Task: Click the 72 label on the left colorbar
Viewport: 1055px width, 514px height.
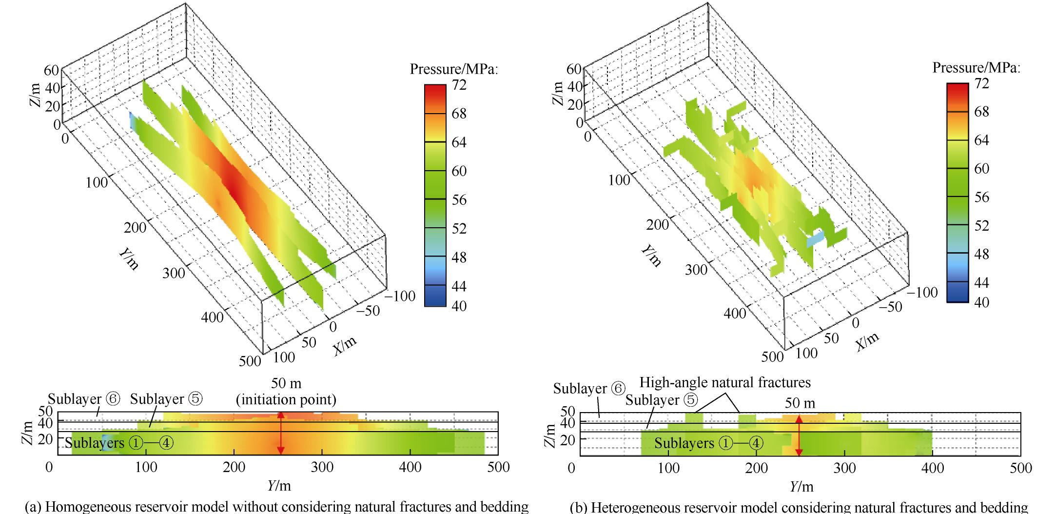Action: pos(459,85)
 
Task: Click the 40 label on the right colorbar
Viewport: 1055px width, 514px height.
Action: pos(981,302)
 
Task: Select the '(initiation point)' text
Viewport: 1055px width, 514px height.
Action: pos(286,400)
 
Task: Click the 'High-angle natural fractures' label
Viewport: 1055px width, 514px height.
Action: pos(724,382)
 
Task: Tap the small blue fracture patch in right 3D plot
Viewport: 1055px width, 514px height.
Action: pos(815,239)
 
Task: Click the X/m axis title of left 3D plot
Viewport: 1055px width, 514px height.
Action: pos(345,346)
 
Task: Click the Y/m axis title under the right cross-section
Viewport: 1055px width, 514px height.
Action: pos(801,486)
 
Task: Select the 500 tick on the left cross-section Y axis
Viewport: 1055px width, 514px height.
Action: pos(498,467)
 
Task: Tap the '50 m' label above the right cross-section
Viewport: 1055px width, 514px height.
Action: pos(800,403)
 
